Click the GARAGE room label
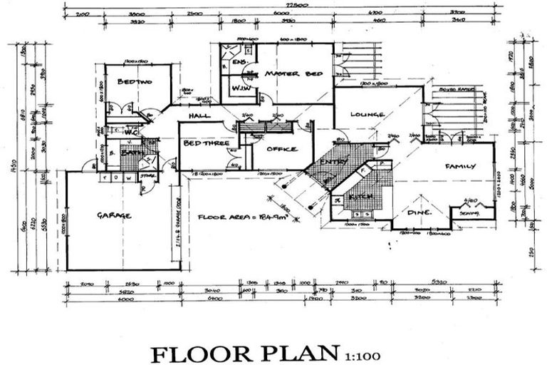(x=114, y=215)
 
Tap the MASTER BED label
(x=293, y=73)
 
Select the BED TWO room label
(x=135, y=82)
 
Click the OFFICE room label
(x=280, y=149)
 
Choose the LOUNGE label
(x=368, y=114)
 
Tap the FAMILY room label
(x=460, y=166)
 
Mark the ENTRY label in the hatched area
(x=331, y=163)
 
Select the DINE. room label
(x=417, y=211)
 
